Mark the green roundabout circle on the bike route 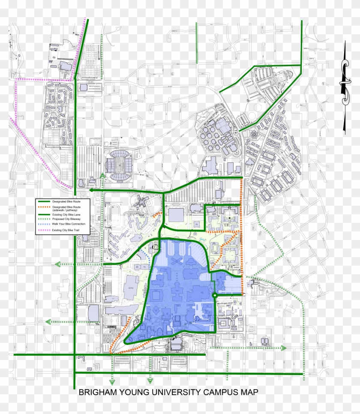coord(214,295)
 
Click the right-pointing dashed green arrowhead coord(284,348)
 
